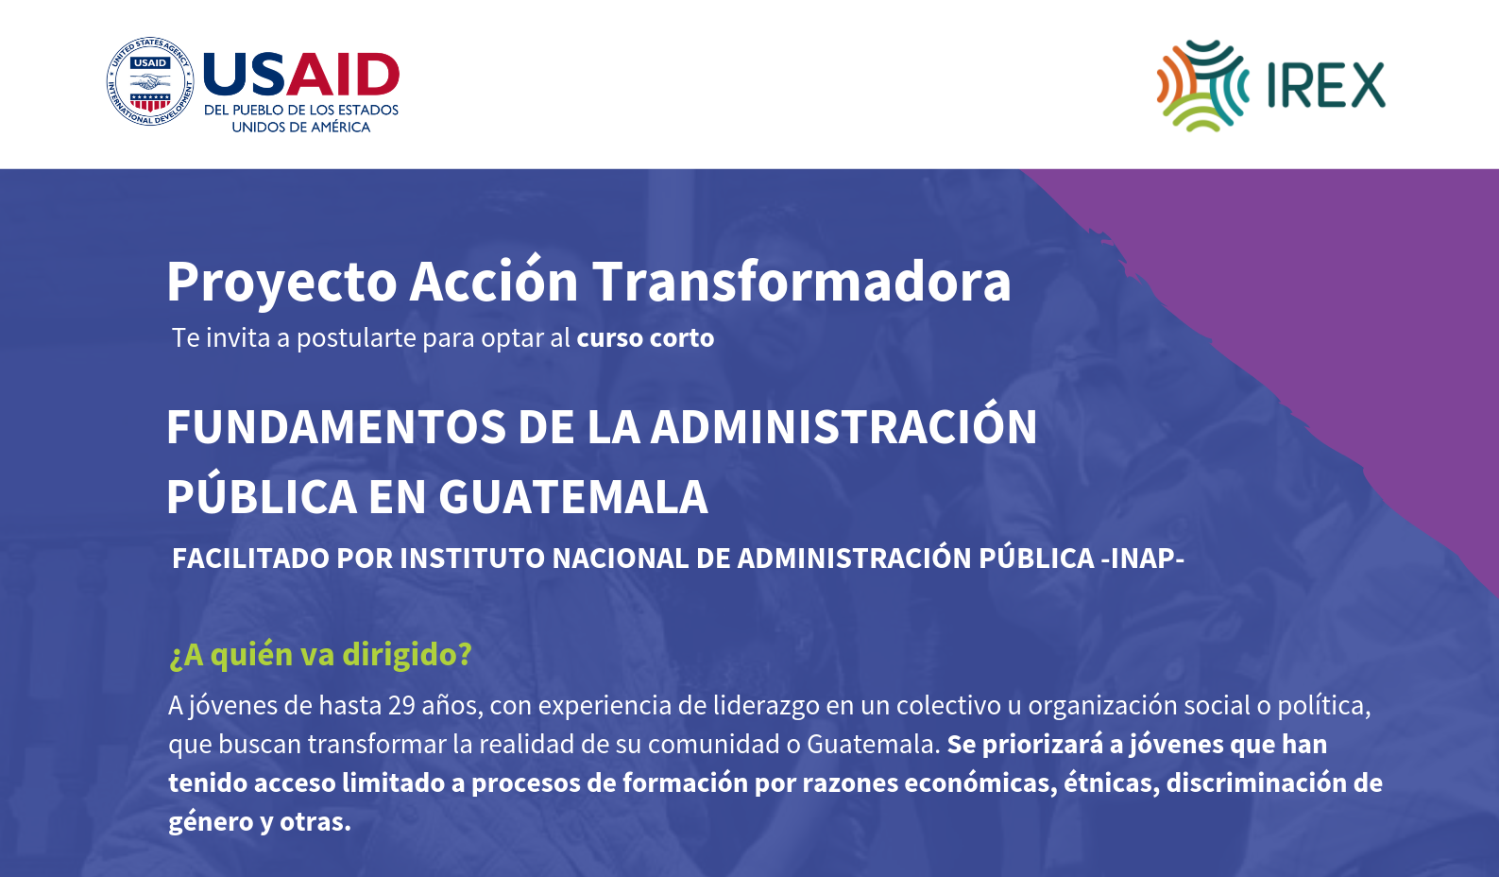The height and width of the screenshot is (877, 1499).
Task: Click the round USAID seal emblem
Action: [x=150, y=81]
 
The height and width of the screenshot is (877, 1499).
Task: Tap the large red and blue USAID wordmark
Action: [x=301, y=75]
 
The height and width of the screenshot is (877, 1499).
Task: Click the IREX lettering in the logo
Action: [x=1326, y=86]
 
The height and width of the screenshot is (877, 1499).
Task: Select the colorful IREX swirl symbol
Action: [x=1202, y=86]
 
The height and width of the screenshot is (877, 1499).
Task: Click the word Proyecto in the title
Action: [x=281, y=283]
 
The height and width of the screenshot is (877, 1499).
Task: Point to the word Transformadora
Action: [x=801, y=282]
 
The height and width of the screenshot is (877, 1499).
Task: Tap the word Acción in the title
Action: [x=494, y=280]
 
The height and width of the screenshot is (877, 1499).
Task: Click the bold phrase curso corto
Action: [x=645, y=338]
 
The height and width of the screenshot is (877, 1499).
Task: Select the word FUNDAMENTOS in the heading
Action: [x=336, y=427]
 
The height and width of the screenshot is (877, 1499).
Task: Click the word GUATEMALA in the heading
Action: [x=572, y=497]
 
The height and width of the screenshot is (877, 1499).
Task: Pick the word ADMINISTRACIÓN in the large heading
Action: [x=843, y=423]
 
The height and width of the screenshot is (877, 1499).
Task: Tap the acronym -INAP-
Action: [x=1142, y=559]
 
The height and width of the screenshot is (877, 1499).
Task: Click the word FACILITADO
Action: [x=250, y=559]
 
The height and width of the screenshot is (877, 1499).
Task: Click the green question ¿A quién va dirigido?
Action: [x=320, y=655]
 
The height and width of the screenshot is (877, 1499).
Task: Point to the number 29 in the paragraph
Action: [x=401, y=706]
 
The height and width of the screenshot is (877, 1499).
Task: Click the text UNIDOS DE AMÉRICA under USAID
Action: [x=301, y=128]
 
